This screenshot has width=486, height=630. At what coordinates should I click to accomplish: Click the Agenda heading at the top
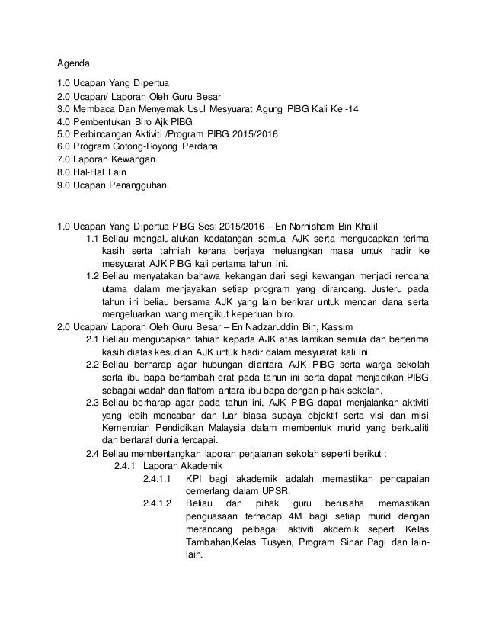tap(76, 63)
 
